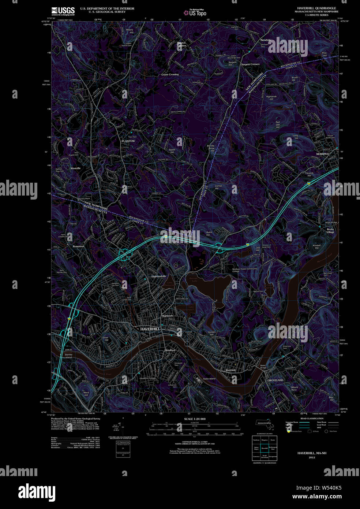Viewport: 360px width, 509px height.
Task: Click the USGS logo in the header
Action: tap(63, 11)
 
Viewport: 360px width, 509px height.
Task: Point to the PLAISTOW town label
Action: tap(128, 141)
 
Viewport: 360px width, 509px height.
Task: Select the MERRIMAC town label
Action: tap(323, 154)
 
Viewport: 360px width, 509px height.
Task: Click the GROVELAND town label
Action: tap(275, 380)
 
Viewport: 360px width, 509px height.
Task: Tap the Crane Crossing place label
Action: tap(170, 74)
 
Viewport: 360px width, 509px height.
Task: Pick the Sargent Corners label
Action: tap(250, 64)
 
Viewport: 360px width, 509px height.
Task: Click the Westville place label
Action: tap(75, 168)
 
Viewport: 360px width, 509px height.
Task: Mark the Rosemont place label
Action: tap(78, 246)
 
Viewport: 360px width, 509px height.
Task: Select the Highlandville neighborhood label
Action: tap(159, 276)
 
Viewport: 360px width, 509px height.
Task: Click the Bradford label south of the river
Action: tap(170, 350)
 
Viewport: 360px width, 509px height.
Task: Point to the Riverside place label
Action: tap(231, 370)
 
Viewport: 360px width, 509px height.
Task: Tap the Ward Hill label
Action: tap(86, 394)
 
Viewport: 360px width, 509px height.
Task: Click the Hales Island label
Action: tap(209, 379)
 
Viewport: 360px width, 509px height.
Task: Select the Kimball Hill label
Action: tap(316, 246)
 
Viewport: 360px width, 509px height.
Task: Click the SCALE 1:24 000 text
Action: tap(195, 419)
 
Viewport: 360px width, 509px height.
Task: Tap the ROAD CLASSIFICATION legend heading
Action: tap(312, 418)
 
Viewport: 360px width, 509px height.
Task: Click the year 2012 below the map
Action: tap(312, 457)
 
